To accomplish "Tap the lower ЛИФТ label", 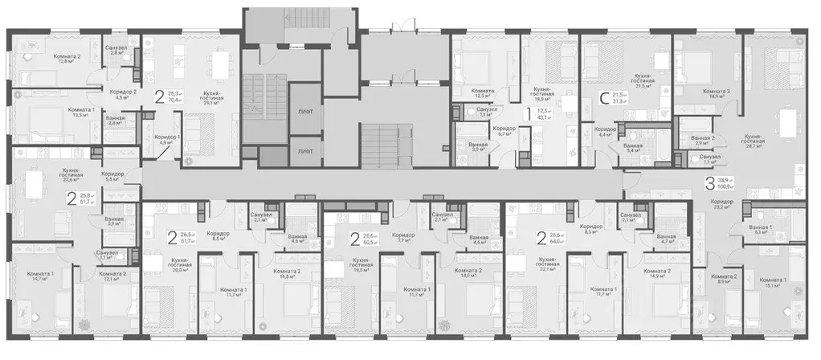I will [304, 150].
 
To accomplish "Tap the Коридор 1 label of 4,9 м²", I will [166, 138].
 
